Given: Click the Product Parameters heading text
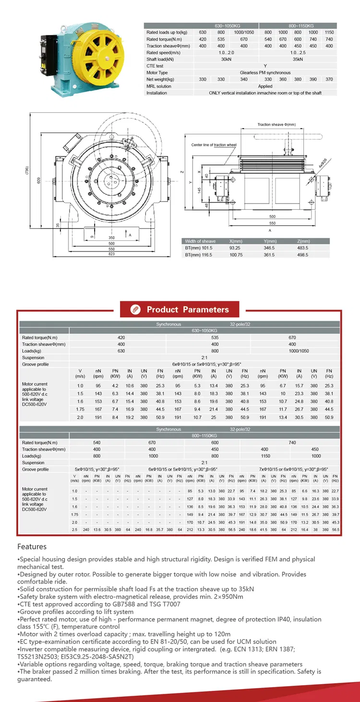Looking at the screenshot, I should pos(188,309).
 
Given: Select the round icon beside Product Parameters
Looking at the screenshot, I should pos(135,309).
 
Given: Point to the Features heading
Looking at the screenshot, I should pos(32,547).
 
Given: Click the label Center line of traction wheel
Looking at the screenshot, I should pos(214,144).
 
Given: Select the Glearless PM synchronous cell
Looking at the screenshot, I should pos(265,73).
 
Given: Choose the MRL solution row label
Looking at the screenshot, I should pos(158,86).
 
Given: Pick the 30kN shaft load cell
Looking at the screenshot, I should pos(227,59).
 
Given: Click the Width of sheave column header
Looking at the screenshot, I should pos(200,241).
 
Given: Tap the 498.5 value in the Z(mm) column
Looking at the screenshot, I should pos(302,255).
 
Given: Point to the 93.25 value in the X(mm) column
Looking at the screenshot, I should pos(235,248).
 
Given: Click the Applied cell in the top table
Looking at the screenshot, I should pos(265,86).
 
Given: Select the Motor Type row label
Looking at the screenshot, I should pos(157,73).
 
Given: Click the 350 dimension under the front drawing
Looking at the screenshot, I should pos(111,238).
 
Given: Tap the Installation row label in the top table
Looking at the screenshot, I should pos(156,93).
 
